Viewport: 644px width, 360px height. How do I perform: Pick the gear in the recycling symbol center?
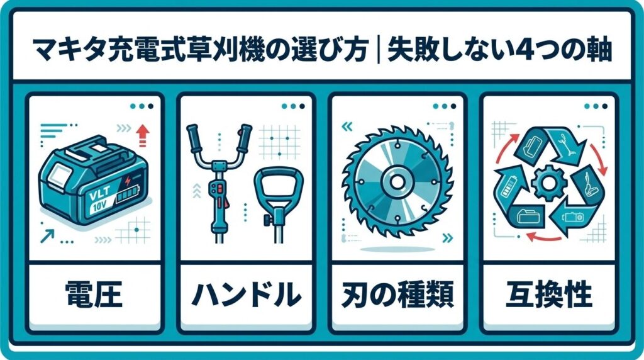pyautogui.click(x=548, y=183)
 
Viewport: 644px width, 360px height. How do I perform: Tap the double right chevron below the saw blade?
pyautogui.click(x=448, y=237)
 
